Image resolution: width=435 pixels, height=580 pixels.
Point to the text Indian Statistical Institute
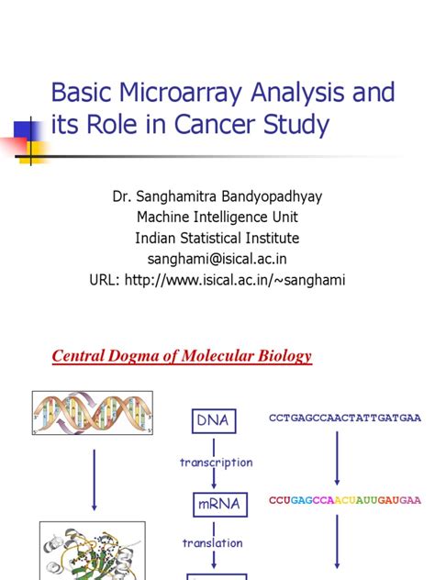click(x=217, y=239)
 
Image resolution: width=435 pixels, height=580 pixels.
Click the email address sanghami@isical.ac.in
click(x=217, y=260)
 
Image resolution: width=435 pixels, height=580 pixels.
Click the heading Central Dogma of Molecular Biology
click(x=181, y=356)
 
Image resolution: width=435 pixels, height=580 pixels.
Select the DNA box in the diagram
click(x=212, y=420)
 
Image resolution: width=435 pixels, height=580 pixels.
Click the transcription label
click(x=217, y=463)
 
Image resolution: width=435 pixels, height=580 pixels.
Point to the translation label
click(x=212, y=543)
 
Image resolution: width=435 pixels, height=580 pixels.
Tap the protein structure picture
click(x=92, y=551)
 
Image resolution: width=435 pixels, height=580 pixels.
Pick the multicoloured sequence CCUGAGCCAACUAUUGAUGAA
click(x=345, y=500)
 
